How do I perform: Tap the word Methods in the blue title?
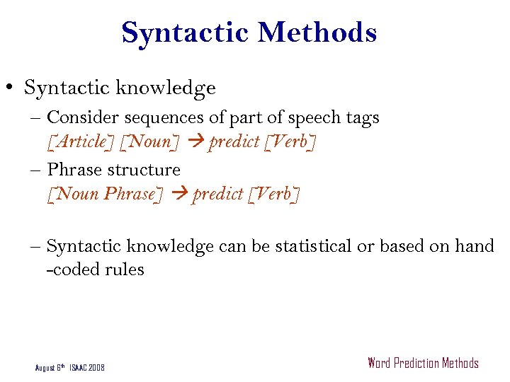317,33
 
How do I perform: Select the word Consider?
76,117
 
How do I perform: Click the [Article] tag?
81,141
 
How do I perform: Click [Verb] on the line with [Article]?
289,141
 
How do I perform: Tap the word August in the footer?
46,368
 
